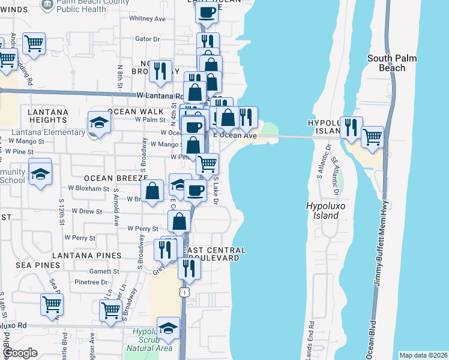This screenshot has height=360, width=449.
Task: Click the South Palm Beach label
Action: tap(387, 63)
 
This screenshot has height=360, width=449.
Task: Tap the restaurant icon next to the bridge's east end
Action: tap(351, 127)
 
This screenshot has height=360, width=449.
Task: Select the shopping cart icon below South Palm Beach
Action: tap(372, 137)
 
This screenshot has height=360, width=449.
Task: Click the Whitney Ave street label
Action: tap(147, 19)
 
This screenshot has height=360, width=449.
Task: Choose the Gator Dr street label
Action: tap(148, 39)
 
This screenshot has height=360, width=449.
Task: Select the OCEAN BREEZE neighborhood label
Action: tap(116, 178)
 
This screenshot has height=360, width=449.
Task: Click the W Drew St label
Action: tap(87, 211)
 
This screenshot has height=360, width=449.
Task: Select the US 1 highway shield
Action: tap(183, 291)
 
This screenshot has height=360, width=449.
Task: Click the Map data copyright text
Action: tap(423, 355)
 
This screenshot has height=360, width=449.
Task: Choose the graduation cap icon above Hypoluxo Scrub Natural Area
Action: tap(169, 328)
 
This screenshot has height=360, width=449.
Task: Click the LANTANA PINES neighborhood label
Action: tap(87, 256)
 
